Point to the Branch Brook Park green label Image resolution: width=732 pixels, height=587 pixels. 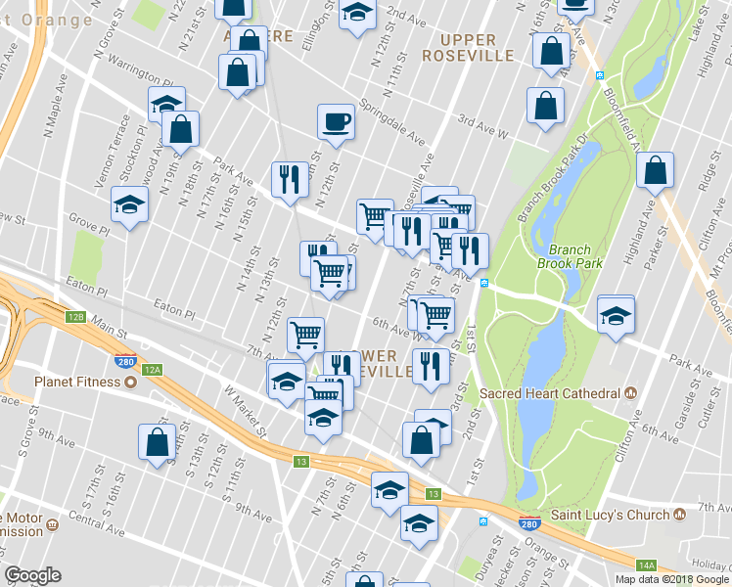564,256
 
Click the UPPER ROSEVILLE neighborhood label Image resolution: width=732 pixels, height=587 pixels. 468,47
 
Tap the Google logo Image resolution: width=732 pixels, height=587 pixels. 32,575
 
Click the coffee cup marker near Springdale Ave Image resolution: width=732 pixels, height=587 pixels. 336,123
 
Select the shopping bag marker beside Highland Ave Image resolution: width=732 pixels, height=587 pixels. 655,172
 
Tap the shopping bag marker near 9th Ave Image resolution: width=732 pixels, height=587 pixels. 157,442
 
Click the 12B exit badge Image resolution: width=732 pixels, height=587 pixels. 77,317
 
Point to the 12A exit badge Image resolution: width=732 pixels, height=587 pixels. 152,370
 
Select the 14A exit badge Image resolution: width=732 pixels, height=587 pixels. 646,565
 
